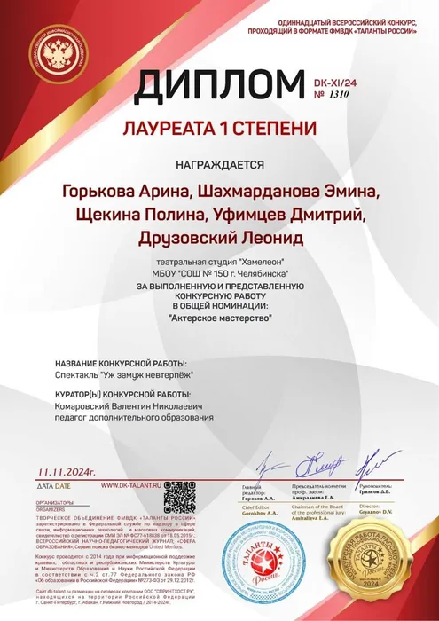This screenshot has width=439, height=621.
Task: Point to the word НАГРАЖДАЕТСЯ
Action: tap(220, 164)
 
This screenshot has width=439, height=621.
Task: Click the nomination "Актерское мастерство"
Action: tap(220, 315)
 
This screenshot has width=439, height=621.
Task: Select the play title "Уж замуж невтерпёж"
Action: tap(141, 375)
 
